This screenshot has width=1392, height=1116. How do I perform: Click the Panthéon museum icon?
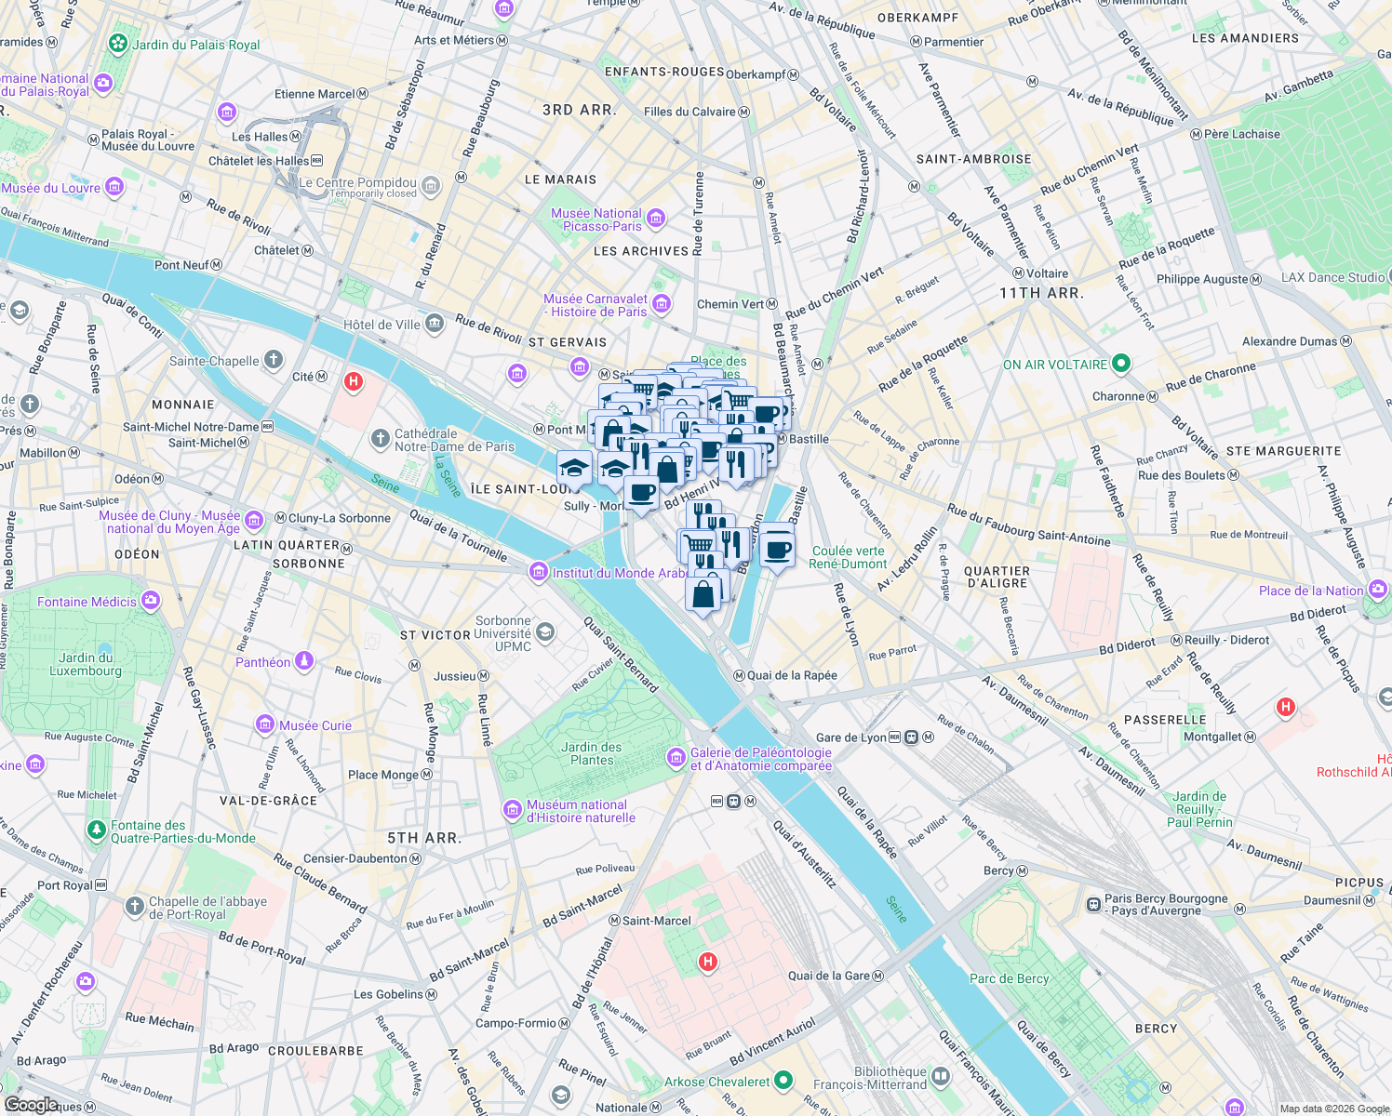(x=303, y=661)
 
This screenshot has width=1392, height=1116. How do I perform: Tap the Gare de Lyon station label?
(x=850, y=737)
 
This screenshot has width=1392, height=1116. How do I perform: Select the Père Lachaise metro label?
(x=1241, y=134)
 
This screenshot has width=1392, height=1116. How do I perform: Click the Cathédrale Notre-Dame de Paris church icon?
(x=380, y=439)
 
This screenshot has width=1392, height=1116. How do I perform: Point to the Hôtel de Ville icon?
(x=435, y=324)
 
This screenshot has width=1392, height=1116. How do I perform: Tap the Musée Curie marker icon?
(x=265, y=725)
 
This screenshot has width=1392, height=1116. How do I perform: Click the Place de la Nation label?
(x=1310, y=591)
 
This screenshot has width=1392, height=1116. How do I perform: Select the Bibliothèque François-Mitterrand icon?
(x=941, y=1077)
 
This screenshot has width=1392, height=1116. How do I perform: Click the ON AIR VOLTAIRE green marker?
(x=1121, y=364)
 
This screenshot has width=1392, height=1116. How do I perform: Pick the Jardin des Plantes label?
(x=592, y=753)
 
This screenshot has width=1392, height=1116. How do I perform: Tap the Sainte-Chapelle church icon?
(x=273, y=360)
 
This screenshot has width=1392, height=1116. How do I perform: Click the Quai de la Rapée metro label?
(x=792, y=675)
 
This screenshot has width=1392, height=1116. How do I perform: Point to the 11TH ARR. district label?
(x=1041, y=293)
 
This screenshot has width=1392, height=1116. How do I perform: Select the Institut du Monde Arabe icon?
(x=539, y=572)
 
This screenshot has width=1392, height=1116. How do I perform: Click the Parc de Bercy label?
(x=1009, y=978)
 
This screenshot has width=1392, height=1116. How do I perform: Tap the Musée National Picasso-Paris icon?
(x=656, y=219)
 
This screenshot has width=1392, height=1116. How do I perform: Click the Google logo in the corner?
(x=31, y=1104)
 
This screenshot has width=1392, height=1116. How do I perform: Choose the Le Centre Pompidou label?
(x=357, y=182)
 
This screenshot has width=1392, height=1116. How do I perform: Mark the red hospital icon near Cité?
(x=354, y=381)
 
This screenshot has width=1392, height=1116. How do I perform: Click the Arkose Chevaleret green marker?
(x=783, y=1081)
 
